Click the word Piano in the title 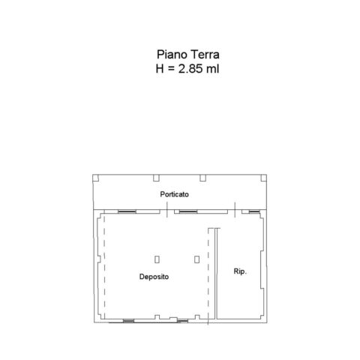pyautogui.click(x=172, y=55)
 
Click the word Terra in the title pyautogui.click(x=205, y=55)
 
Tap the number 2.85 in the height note pyautogui.click(x=190, y=68)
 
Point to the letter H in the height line pyautogui.click(x=160, y=68)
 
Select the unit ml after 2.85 pyautogui.click(x=212, y=68)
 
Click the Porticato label pyautogui.click(x=174, y=194)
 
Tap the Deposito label pyautogui.click(x=154, y=277)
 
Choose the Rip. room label pyautogui.click(x=240, y=271)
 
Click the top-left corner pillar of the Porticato pyautogui.click(x=95, y=178)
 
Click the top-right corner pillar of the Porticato pyautogui.click(x=263, y=178)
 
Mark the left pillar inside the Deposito pyautogui.click(x=157, y=259)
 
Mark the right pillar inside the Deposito pyautogui.click(x=196, y=259)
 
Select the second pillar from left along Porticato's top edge pyautogui.click(x=156, y=178)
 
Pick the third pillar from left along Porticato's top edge pyautogui.click(x=202, y=178)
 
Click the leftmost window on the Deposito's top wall pyautogui.click(x=127, y=211)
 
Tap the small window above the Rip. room pyautogui.click(x=254, y=211)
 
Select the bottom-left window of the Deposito pyautogui.click(x=128, y=321)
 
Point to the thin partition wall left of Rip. pyautogui.click(x=216, y=274)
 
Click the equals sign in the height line pyautogui.click(x=171, y=69)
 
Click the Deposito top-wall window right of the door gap pyautogui.click(x=188, y=211)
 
